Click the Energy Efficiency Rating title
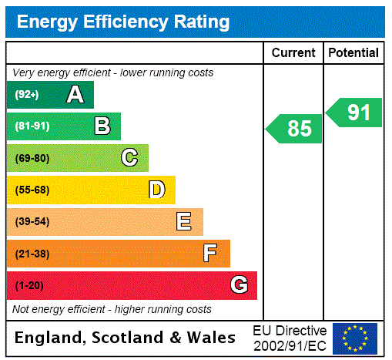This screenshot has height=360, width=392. pos(123,22)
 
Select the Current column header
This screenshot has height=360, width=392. pos(293,53)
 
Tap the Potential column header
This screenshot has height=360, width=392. pos(353,53)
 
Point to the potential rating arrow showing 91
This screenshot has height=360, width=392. pos(354,113)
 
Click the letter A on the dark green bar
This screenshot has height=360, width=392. pos(75,95)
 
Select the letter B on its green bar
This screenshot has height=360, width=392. pos(102,126)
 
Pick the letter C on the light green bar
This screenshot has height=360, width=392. pos(129,158)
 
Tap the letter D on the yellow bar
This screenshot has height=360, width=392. pos(156,190)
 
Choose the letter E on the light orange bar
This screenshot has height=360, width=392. pos(184,222)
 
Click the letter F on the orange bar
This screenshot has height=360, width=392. pos(210,254)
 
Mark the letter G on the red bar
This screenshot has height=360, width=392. pos(239,285)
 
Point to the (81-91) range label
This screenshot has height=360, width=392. pos(32,126)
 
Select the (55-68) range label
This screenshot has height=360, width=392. pos(32,190)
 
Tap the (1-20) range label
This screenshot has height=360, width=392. pos(29,285)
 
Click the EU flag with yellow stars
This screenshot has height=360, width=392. pos(355,338)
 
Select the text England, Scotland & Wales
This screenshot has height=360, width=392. pos(126,338)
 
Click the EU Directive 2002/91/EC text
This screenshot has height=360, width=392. pos(290,338)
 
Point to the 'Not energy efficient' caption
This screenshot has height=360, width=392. pos(112,309)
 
